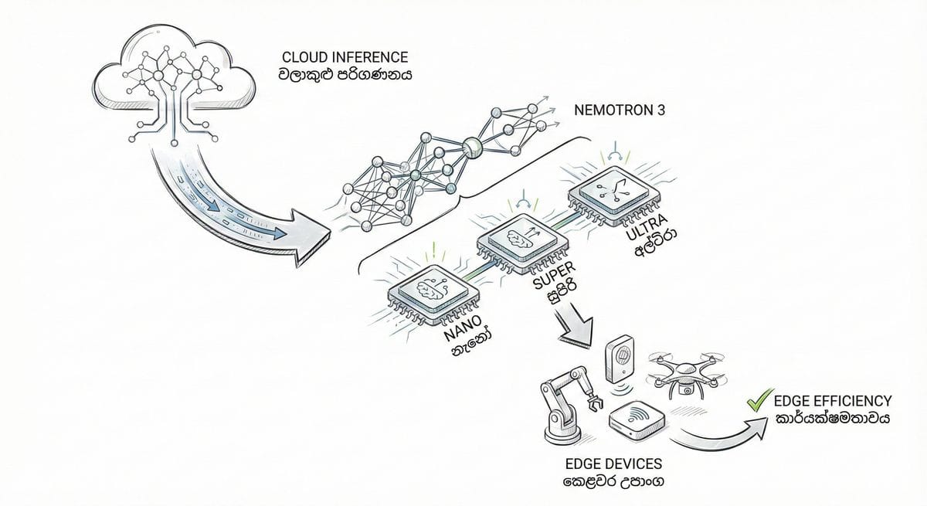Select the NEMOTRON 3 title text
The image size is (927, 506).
click(x=620, y=108)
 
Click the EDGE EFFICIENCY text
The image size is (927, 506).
click(x=832, y=402)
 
